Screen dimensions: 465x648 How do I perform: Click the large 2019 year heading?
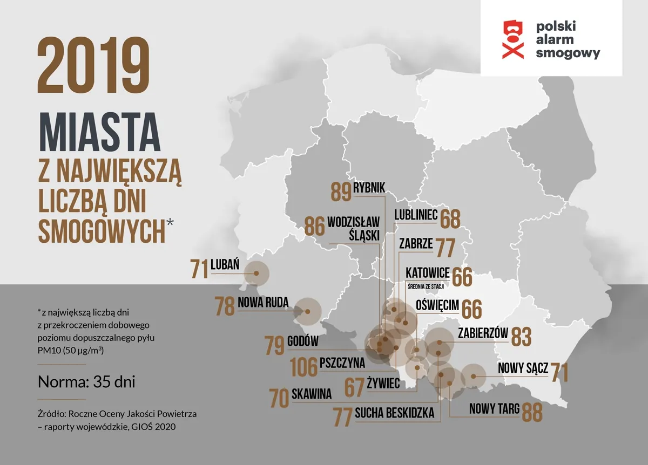pyautogui.click(x=93, y=65)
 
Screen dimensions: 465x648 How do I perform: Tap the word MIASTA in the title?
pyautogui.click(x=99, y=132)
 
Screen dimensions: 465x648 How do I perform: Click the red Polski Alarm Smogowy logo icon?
pyautogui.click(x=513, y=39)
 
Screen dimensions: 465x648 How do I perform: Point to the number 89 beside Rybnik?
pyautogui.click(x=341, y=192)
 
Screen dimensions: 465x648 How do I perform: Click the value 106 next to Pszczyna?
pyautogui.click(x=303, y=367)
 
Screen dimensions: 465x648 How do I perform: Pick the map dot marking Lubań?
pyautogui.click(x=256, y=273)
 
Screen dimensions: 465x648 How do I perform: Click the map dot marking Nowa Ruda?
pyautogui.click(x=307, y=311)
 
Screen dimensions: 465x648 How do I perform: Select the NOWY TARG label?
pyautogui.click(x=494, y=409)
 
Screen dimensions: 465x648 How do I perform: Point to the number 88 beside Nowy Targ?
pyautogui.click(x=532, y=412)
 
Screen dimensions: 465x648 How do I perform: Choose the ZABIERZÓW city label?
pyautogui.click(x=483, y=333)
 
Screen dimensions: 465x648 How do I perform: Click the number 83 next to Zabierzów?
pyautogui.click(x=521, y=337)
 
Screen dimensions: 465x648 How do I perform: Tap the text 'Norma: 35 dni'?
pyautogui.click(x=86, y=382)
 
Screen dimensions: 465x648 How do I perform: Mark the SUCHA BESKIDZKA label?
pyautogui.click(x=395, y=413)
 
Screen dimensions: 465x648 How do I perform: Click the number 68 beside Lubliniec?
pyautogui.click(x=450, y=219)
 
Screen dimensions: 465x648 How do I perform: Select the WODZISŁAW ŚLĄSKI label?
pyautogui.click(x=354, y=229)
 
